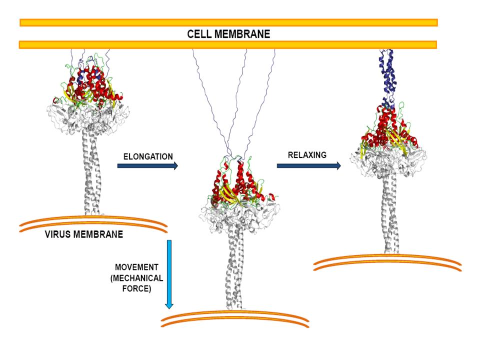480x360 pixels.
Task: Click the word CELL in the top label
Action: [x=199, y=34]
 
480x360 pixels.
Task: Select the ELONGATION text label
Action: [x=148, y=156]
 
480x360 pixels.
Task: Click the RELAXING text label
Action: [x=307, y=155]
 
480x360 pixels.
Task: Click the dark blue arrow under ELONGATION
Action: [x=147, y=166]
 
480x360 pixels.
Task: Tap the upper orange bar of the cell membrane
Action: [x=228, y=22]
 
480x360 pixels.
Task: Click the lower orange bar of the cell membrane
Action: [x=227, y=45]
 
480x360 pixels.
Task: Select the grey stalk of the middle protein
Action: [x=235, y=270]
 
